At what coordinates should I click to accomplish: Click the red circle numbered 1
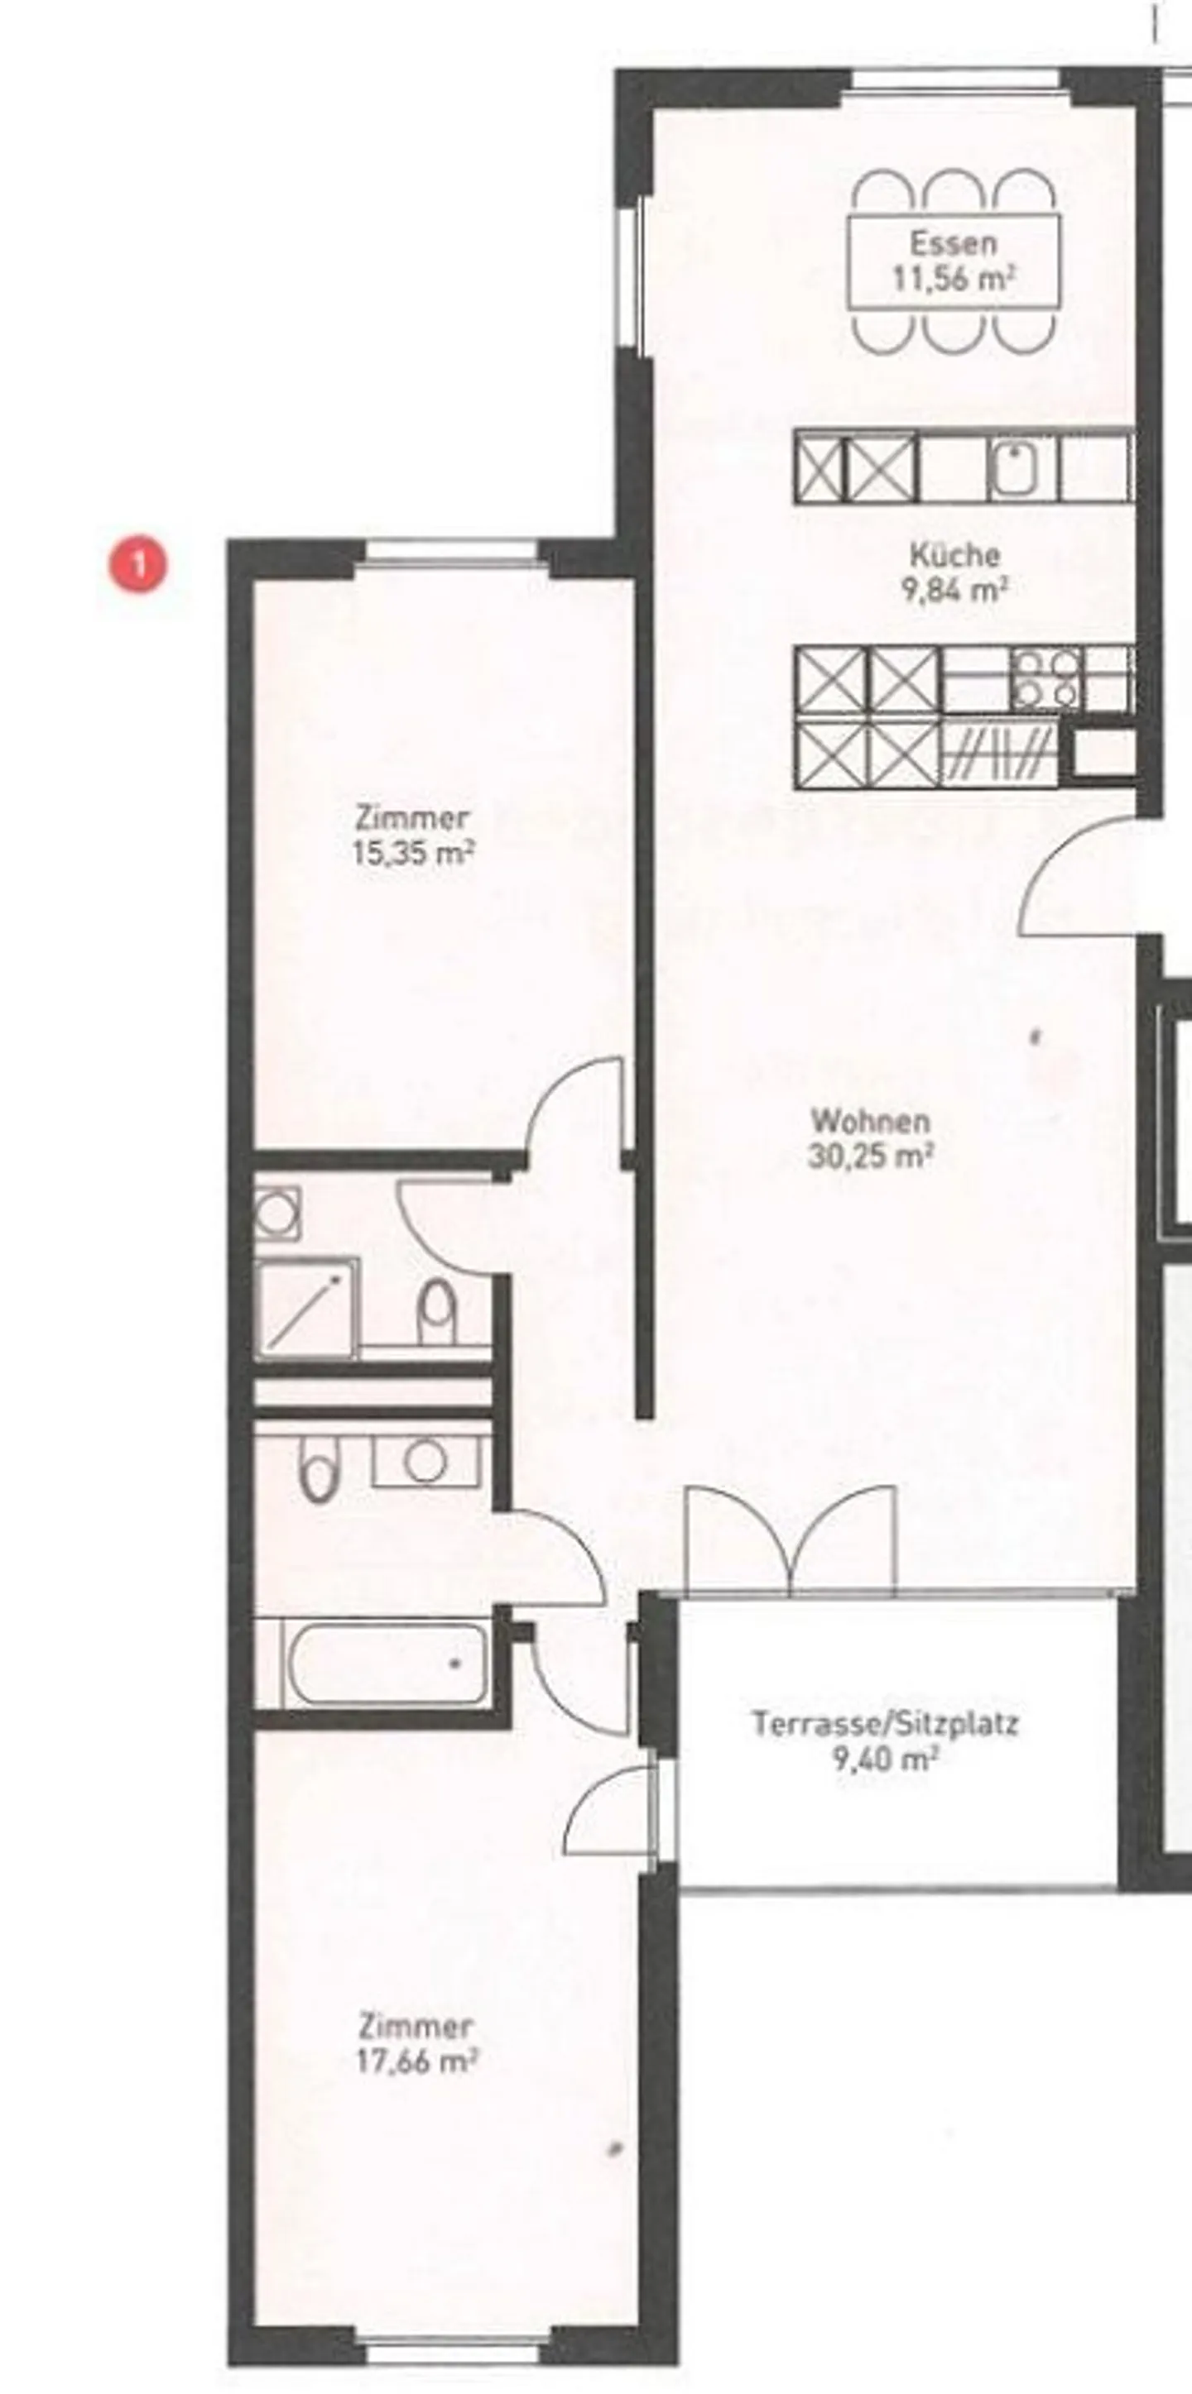139,564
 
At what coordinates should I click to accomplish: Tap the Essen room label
953,243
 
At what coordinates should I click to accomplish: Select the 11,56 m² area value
953,278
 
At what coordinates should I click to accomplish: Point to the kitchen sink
1020,467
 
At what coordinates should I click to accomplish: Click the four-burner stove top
1046,678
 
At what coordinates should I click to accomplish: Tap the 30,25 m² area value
870,1156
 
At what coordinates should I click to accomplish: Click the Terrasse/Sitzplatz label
885,1724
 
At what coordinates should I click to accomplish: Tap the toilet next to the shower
437,1312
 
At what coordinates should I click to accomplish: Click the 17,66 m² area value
416,2061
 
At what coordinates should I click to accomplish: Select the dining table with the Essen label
954,261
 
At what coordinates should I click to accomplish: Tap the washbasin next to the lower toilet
425,1460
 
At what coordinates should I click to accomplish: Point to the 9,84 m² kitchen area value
956,590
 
